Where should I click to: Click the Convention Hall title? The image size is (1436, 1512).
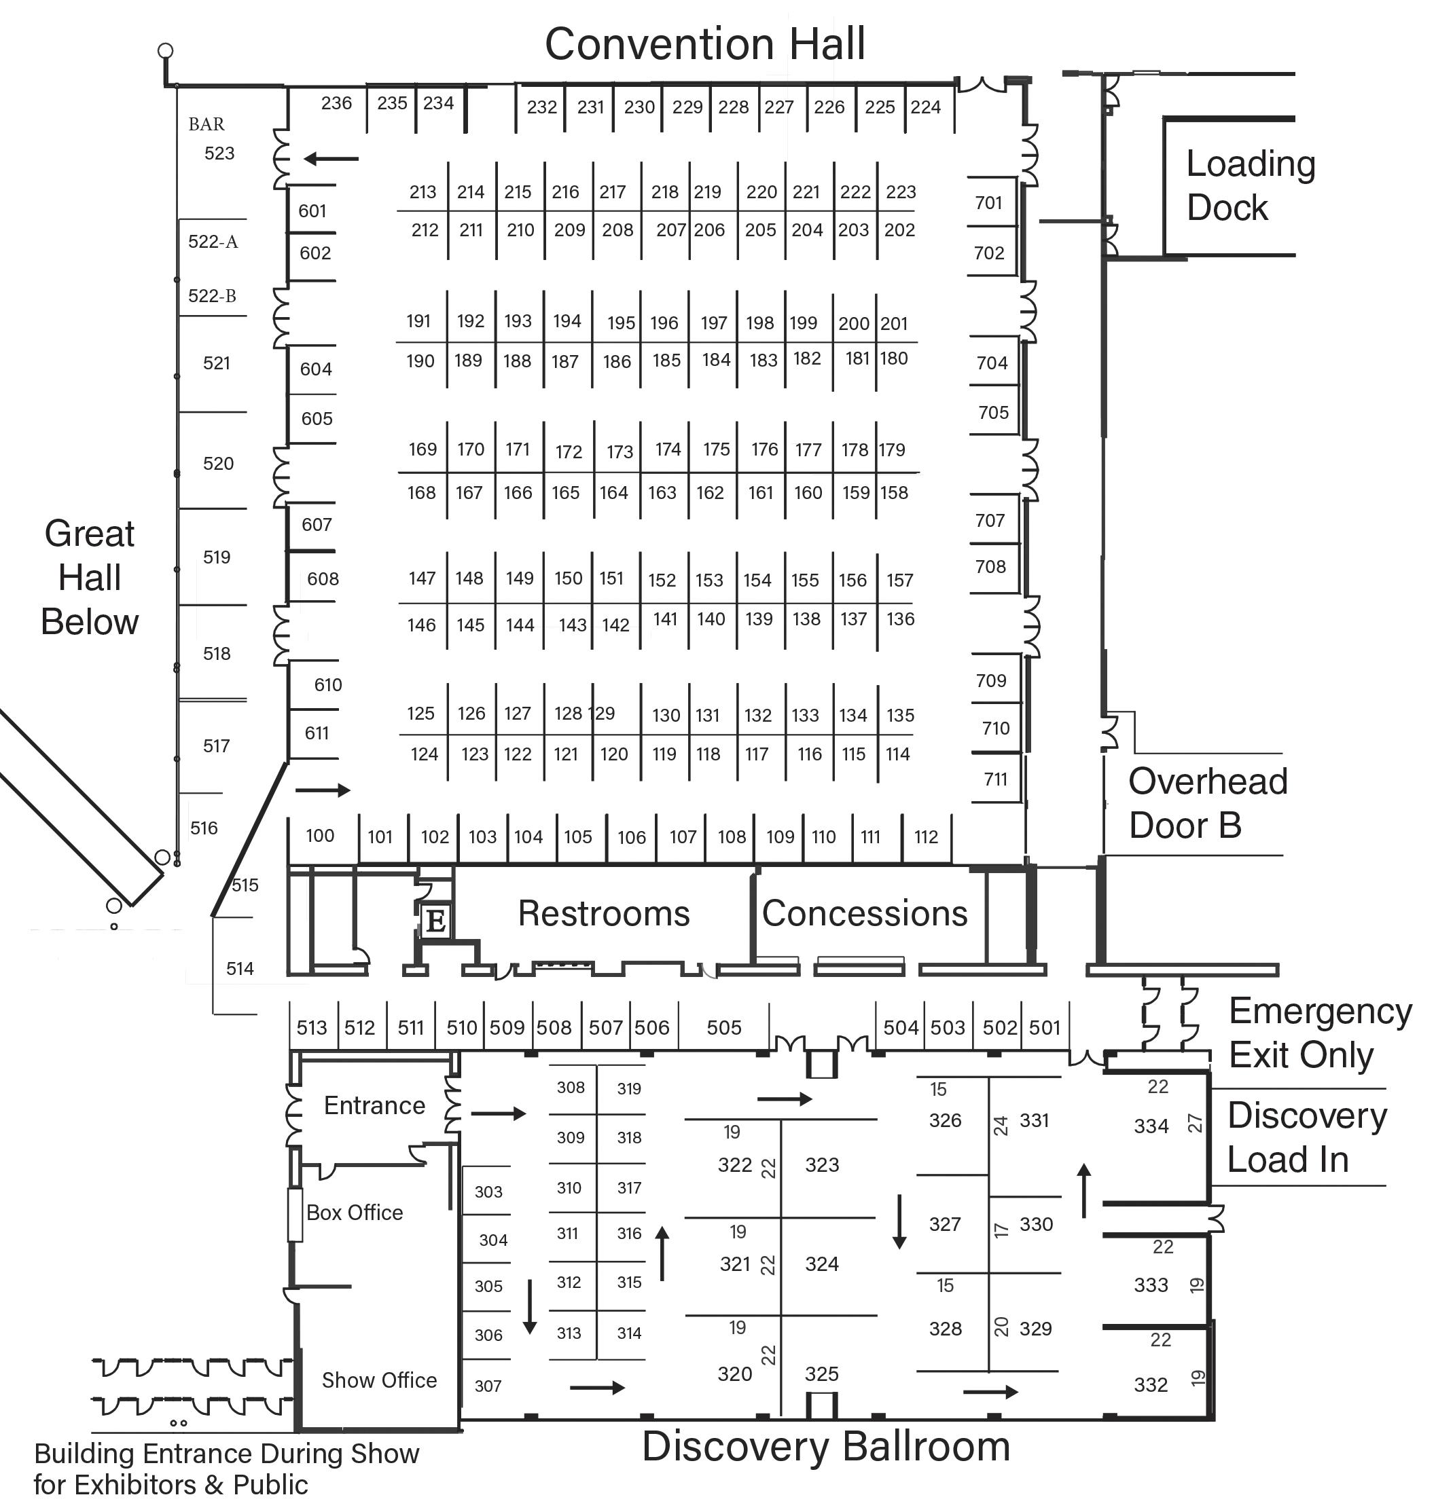coord(704,43)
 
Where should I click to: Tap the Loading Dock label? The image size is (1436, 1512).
coord(1249,186)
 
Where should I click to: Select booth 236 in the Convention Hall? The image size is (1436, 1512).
coord(336,103)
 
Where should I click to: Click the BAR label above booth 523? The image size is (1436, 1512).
coord(207,124)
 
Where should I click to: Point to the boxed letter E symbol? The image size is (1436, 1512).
coord(435,921)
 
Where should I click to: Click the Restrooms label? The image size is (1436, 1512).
coord(604,914)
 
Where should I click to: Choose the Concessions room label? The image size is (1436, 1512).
coord(864,914)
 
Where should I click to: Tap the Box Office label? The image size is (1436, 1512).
coord(355,1212)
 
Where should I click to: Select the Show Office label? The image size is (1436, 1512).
coord(379,1380)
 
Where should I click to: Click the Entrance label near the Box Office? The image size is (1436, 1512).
coord(374,1106)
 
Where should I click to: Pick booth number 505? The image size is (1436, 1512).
coord(723,1028)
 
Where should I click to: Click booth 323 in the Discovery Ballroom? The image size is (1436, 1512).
coord(822,1164)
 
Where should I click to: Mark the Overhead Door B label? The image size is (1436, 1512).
coord(1207,803)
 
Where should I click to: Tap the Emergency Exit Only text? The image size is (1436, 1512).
coord(1320,1032)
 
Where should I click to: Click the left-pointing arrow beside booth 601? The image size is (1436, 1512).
coord(331,159)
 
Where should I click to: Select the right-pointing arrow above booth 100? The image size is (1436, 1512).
coord(322,790)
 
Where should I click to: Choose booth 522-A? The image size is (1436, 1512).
coord(213,242)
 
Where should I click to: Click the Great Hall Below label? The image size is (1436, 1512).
coord(90,577)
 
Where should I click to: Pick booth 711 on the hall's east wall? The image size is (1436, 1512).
coord(995,779)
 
